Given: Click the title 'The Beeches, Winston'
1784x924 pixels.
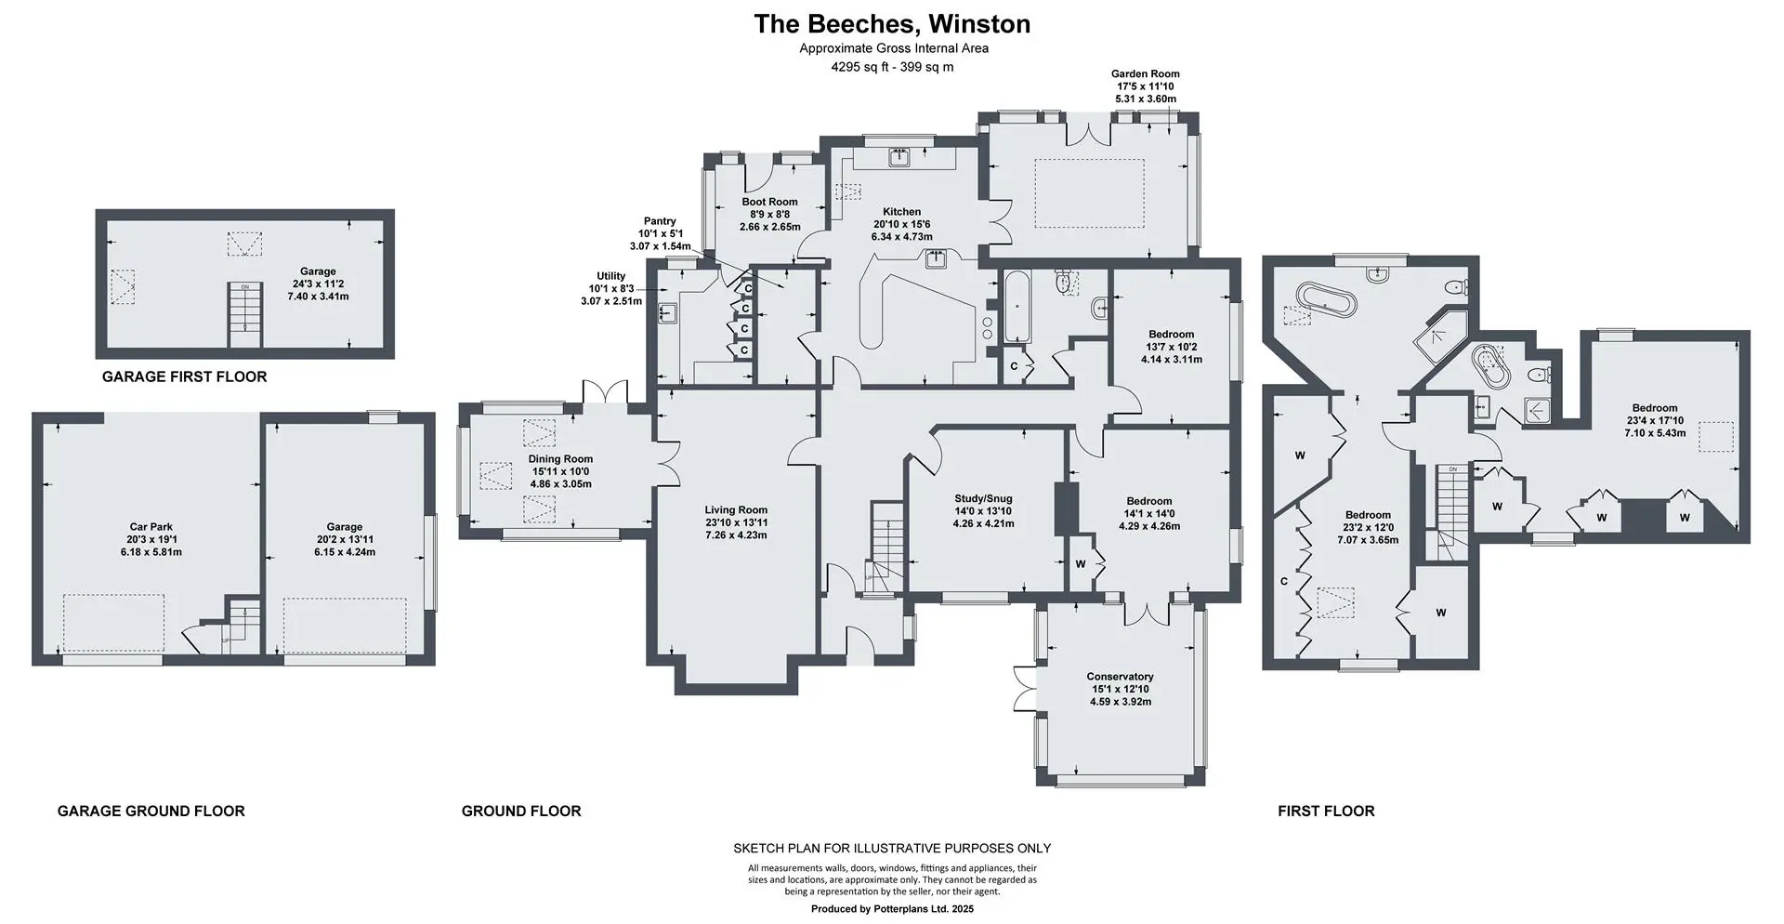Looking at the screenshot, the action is [x=892, y=23].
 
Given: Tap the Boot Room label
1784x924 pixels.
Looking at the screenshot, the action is [x=769, y=202].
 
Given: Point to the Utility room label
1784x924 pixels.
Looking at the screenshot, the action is [x=610, y=276].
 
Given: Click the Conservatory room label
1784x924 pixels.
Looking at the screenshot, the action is [x=1120, y=677].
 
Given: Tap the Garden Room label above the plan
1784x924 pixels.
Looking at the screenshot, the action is [x=1146, y=73].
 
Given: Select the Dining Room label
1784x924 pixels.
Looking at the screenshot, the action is [x=560, y=458].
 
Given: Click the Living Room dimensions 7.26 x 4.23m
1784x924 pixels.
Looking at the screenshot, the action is [x=736, y=535].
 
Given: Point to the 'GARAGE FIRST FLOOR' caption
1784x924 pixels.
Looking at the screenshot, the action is [x=184, y=376].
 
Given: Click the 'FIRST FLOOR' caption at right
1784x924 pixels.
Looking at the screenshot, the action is [x=1326, y=811].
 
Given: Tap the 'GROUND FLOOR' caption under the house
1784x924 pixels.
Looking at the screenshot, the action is [x=521, y=811].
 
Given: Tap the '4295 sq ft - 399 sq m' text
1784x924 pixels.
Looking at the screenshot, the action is [x=892, y=67].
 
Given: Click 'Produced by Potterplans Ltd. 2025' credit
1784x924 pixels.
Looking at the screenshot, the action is [x=892, y=909].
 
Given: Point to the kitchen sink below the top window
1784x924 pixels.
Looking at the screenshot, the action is [x=899, y=158].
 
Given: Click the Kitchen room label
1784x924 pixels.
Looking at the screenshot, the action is [x=901, y=212].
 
